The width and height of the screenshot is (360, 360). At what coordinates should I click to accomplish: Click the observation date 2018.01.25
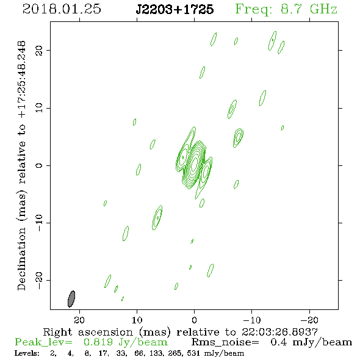coord(62,9)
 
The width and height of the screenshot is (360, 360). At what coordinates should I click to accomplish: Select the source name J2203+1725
coord(175,9)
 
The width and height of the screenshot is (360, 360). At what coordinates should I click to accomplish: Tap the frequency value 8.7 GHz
coord(309,9)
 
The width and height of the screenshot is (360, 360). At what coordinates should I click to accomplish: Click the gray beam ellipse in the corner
coord(71,299)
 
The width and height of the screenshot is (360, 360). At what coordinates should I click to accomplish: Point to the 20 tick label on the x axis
coord(79,320)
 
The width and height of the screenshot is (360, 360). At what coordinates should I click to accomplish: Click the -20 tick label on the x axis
coord(309,320)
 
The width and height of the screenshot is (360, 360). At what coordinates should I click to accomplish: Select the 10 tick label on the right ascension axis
coord(137,320)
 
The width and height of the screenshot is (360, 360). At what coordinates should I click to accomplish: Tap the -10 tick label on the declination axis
coord(39,223)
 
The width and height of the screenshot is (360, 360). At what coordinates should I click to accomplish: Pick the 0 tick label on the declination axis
coord(39,165)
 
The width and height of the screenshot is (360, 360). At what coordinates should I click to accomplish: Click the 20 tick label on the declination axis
coord(39,50)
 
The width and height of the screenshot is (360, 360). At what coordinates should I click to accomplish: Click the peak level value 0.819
coord(98,342)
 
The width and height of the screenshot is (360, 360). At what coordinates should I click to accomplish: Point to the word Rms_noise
coord(225,342)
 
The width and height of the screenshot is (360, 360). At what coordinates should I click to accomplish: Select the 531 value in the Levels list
coord(193,353)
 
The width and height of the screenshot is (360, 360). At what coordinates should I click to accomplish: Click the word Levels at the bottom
coord(27,353)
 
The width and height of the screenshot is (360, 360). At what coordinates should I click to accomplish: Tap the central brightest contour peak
coord(194,162)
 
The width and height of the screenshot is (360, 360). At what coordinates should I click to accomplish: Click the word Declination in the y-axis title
coord(21,259)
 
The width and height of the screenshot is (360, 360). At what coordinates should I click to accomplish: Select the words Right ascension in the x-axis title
coord(88,332)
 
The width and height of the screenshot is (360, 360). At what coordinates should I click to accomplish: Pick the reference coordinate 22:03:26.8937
coord(279,332)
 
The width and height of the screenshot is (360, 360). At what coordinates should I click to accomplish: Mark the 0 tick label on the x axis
coord(194,320)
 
